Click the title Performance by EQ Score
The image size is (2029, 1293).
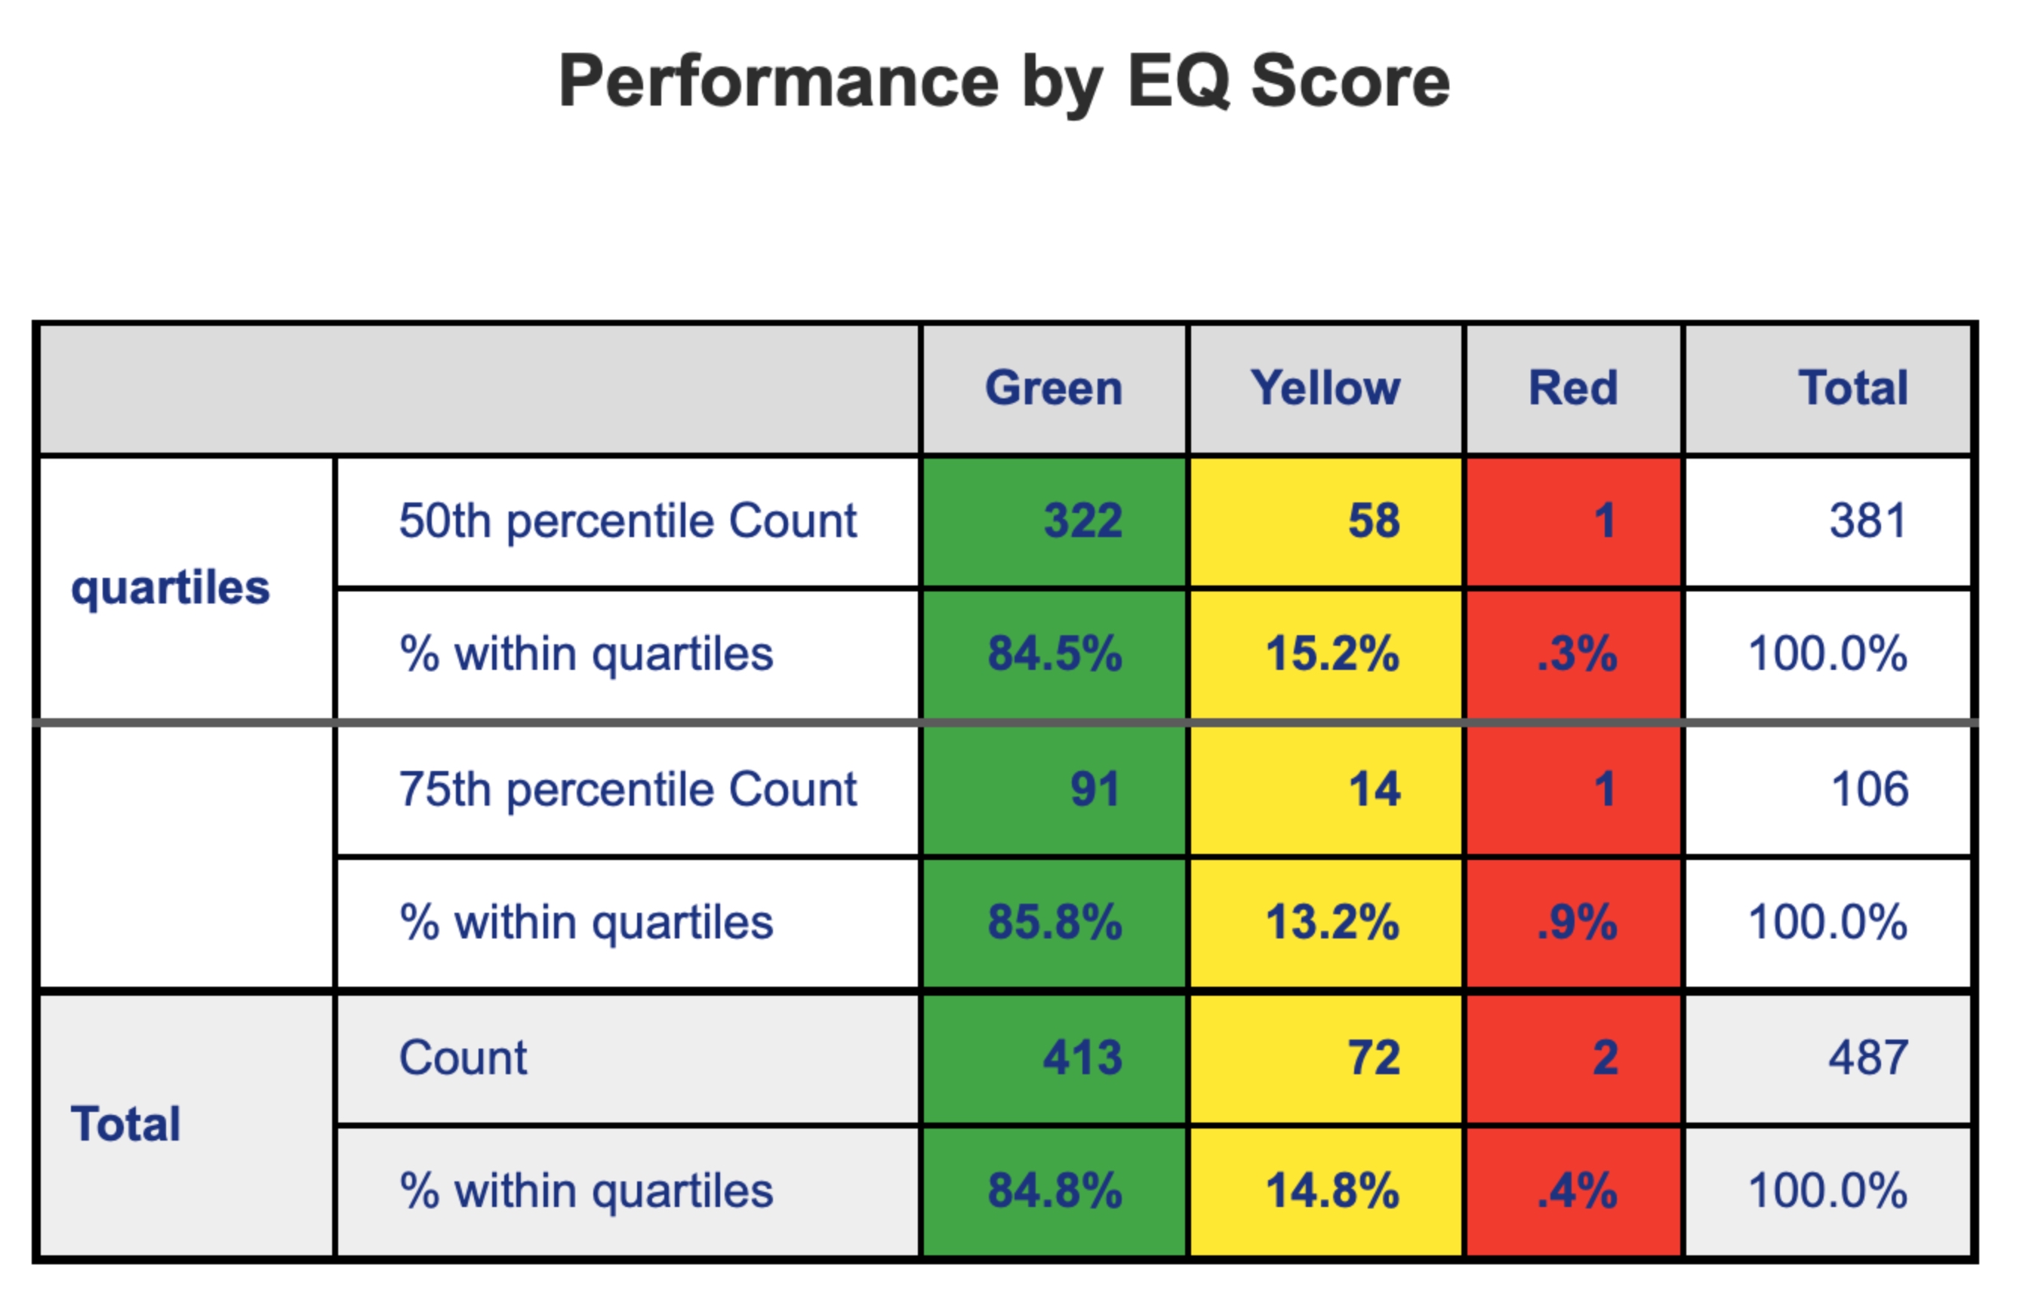[1005, 81]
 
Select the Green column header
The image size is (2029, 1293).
[1053, 389]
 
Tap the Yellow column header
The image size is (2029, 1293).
[1325, 389]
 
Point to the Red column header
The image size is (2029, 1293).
[1573, 389]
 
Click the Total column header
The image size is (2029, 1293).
[1853, 389]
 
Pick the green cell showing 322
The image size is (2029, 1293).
[1082, 521]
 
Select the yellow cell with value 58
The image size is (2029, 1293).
[1374, 521]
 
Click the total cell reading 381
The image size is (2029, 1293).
[1868, 521]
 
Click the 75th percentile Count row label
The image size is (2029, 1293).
[628, 789]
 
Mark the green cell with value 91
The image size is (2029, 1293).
[1095, 789]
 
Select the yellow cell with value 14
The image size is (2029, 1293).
[1375, 789]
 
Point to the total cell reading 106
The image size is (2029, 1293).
[1870, 789]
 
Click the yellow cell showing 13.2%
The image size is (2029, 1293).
[1332, 923]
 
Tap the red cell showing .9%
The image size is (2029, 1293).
[1577, 923]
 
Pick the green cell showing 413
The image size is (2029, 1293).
[1082, 1057]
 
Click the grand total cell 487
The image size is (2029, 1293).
[1868, 1057]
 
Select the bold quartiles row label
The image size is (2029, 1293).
[170, 587]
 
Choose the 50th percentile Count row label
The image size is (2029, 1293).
[628, 521]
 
